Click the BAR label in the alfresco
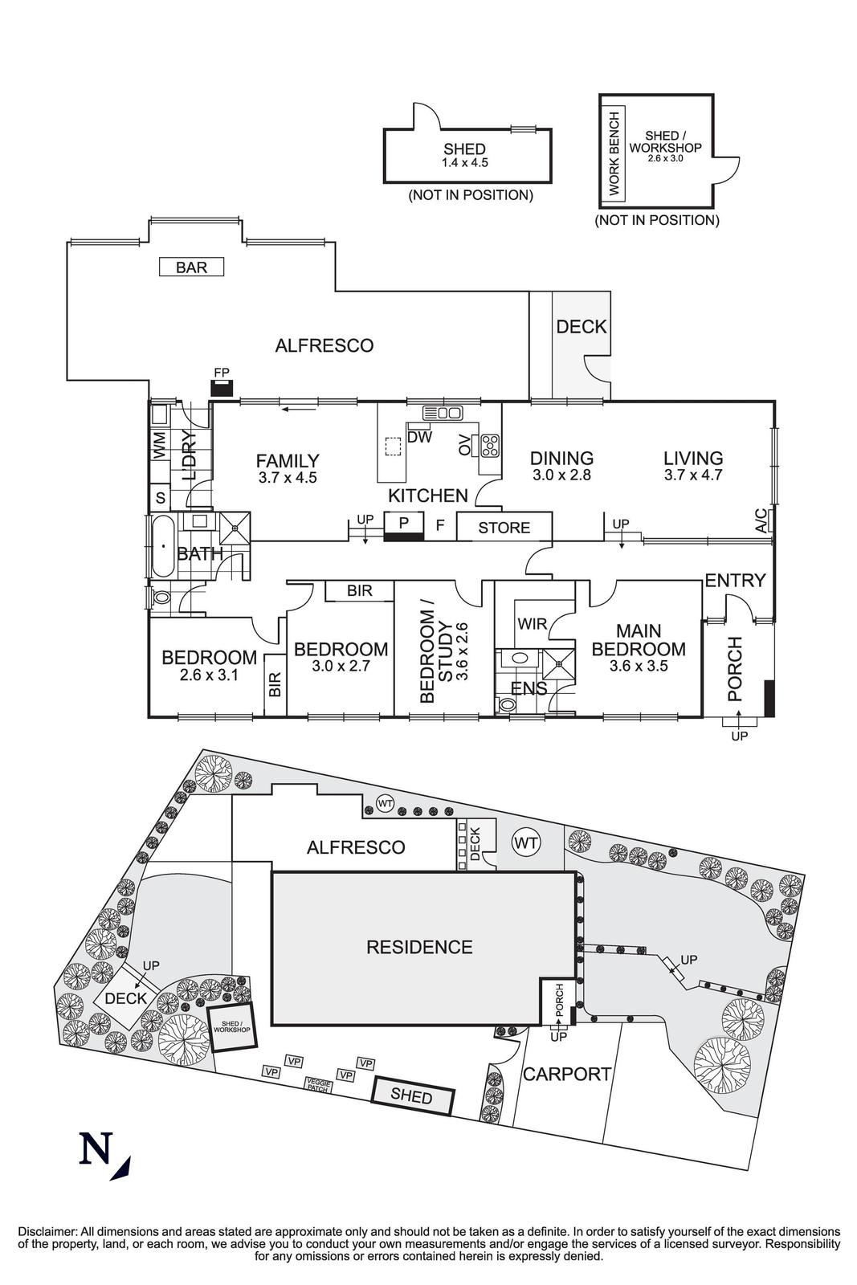[191, 267]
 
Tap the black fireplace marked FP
[222, 389]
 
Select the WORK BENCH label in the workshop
[614, 152]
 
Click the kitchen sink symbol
[442, 413]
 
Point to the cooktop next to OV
[490, 444]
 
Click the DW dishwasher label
[419, 437]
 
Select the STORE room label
[504, 528]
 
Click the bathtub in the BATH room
[163, 546]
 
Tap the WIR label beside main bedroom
[532, 623]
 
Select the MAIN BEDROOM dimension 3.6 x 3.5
[639, 666]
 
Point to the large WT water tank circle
[526, 842]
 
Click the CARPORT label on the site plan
[567, 1074]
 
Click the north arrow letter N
[95, 1148]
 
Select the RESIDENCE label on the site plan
[419, 947]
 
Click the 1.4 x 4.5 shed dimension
[464, 162]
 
